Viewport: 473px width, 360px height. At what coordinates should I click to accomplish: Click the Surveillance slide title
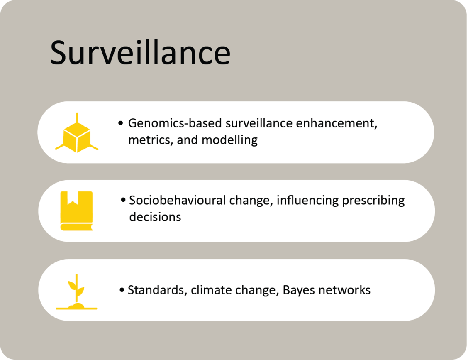[x=140, y=53]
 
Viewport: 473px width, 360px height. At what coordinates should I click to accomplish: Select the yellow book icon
[x=76, y=211]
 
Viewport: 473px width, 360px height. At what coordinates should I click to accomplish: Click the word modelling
[x=229, y=140]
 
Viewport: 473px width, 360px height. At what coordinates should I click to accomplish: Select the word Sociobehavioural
[x=178, y=201]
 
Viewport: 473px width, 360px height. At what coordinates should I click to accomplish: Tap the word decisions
[x=155, y=217]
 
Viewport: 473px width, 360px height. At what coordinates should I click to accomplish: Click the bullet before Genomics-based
[x=121, y=124]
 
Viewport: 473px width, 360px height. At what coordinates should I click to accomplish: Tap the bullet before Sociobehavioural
[x=123, y=201]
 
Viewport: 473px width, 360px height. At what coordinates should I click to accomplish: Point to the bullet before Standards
[x=122, y=290]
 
